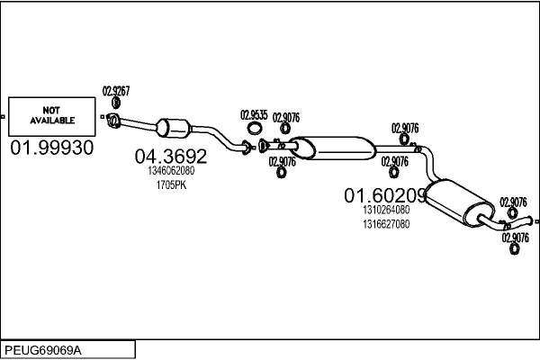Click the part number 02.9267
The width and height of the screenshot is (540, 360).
116,91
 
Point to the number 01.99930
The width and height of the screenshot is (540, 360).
52,147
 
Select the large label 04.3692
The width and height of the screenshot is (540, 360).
171,157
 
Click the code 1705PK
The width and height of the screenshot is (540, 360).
171,185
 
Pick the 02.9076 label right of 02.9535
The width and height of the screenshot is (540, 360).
286,116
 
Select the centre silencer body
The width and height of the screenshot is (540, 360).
333,147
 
